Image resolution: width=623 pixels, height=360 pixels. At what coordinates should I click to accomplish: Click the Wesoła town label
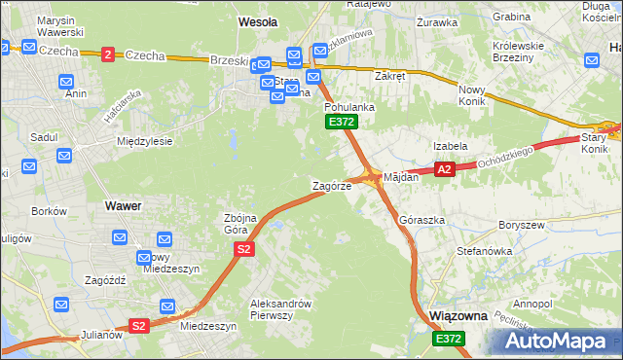point(258,20)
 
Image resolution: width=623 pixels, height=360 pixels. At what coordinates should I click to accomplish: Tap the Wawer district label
point(123,206)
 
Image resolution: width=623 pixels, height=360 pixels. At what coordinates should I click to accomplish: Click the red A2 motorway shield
point(444,169)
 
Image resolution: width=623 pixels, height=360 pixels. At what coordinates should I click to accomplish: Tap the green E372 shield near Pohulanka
point(342,122)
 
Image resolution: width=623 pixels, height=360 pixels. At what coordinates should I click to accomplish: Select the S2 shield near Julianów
point(138,326)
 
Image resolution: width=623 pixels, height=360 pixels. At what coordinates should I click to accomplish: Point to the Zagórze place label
point(331,185)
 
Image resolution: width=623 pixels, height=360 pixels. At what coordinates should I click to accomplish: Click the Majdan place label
point(401,177)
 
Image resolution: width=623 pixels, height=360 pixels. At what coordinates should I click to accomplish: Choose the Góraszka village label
point(422,221)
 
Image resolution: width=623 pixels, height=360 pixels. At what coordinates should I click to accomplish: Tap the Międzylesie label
point(144,141)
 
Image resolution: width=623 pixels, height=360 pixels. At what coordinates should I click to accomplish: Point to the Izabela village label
point(451,146)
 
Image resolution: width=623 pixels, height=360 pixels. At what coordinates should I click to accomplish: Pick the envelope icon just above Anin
point(66,82)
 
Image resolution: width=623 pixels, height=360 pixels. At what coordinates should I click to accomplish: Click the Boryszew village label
point(519,225)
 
